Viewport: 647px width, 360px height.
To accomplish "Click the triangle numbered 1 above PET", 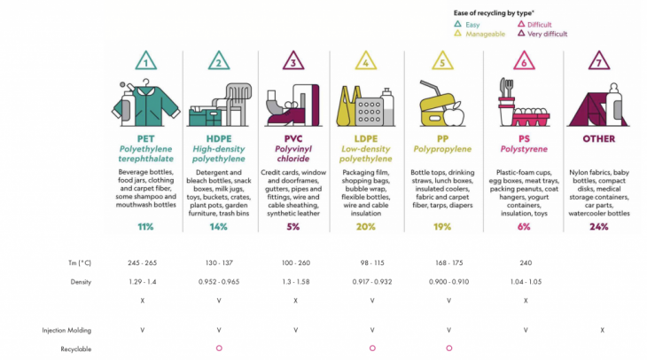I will (144, 61).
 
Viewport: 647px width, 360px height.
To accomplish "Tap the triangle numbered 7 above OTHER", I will (599, 61).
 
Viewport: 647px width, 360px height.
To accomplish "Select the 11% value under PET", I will (145, 226).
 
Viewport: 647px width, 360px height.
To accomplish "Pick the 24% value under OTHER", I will (599, 226).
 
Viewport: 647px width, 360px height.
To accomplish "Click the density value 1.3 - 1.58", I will (296, 281).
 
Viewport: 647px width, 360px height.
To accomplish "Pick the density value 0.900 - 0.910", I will (448, 281).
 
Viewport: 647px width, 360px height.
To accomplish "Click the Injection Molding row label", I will (67, 330).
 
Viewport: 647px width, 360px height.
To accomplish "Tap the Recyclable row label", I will (77, 348).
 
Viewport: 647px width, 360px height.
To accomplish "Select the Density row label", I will (82, 281).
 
